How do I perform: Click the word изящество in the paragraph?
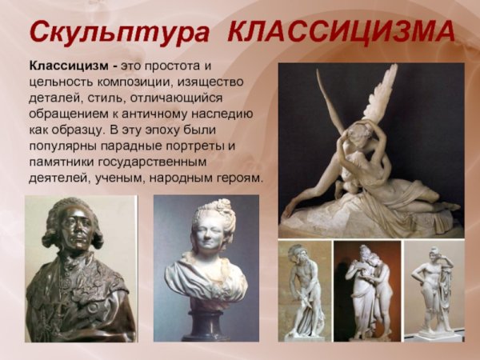click(212, 81)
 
